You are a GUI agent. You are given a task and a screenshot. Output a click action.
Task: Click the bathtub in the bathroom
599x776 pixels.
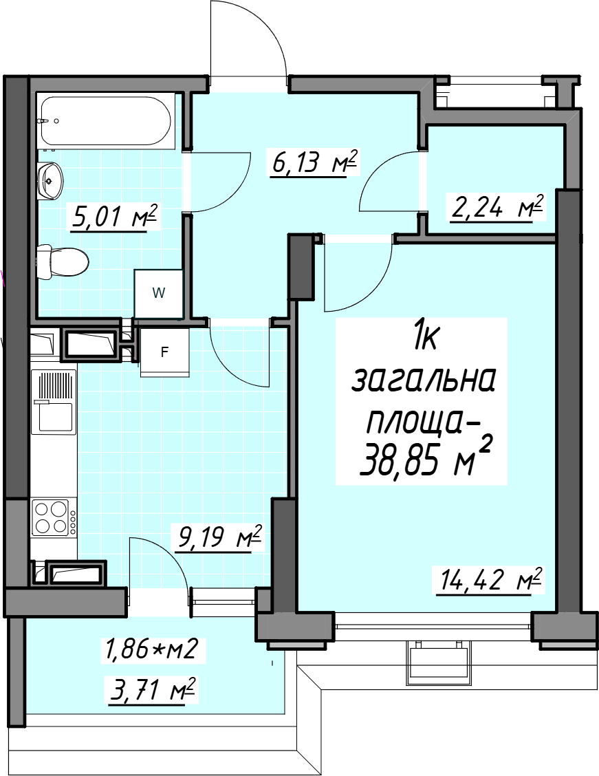pos(107,121)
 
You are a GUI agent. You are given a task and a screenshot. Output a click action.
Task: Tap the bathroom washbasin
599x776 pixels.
pos(50,181)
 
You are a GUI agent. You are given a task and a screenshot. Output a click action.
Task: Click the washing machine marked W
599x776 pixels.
pos(158,293)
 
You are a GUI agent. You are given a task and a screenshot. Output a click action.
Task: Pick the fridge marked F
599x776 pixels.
pos(165,352)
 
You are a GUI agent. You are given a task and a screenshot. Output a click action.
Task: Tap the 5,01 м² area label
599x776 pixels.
pos(115,217)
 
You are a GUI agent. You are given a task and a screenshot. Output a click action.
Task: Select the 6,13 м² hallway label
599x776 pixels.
pos(314,163)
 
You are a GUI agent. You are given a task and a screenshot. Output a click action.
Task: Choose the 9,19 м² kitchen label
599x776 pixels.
pos(219,538)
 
